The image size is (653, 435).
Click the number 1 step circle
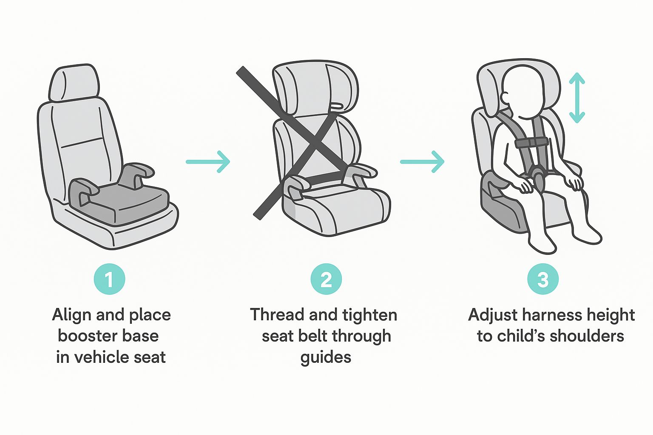109,279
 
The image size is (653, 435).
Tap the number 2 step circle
326,279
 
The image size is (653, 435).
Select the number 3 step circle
543,279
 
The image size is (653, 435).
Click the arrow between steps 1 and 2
208,162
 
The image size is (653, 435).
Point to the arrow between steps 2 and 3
422,162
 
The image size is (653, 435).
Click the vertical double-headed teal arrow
577,98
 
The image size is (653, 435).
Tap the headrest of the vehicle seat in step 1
74,83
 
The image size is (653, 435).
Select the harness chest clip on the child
530,143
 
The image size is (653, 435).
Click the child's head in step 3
524,93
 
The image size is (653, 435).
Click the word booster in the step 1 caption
85,336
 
